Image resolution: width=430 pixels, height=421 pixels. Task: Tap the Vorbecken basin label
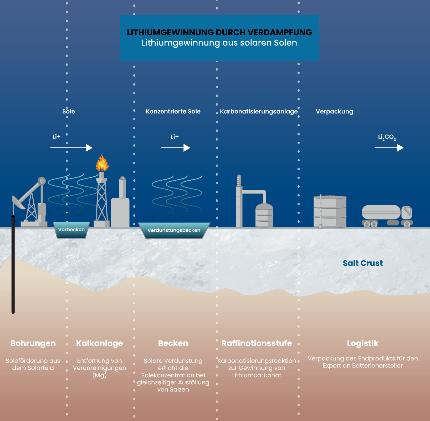[x=71, y=230]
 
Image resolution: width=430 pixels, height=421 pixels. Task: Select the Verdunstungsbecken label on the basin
[x=174, y=230]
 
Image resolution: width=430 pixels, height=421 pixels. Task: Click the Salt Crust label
[x=363, y=263]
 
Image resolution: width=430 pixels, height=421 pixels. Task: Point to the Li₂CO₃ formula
[x=387, y=137]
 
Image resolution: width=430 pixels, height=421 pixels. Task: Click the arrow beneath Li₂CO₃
[x=389, y=148]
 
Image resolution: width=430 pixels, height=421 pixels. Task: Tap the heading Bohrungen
[x=33, y=343]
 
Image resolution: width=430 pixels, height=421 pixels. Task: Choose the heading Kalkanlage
[x=99, y=343]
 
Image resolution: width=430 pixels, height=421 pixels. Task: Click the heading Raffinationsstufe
[x=257, y=343]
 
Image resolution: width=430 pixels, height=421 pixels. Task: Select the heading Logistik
[x=363, y=343]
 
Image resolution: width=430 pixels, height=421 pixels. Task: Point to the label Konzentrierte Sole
[x=173, y=111]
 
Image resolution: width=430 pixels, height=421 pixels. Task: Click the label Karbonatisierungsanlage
[x=259, y=111]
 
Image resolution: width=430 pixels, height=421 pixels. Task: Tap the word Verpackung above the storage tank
[x=334, y=111]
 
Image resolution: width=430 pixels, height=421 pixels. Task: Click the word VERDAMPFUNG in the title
[x=280, y=32]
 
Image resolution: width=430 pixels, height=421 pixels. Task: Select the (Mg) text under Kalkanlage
[x=99, y=375]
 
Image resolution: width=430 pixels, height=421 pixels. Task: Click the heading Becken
[x=173, y=343]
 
